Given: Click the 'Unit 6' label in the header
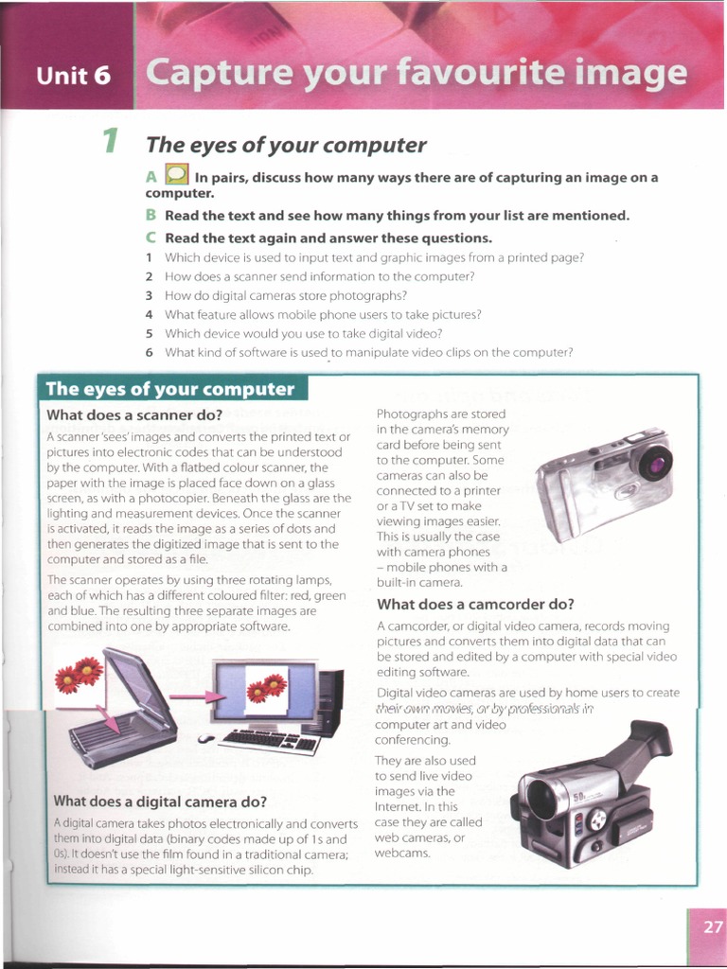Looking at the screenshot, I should (73, 76).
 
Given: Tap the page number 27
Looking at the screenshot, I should (712, 927).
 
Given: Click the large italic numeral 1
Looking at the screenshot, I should (111, 142).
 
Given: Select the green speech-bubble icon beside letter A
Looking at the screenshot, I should (176, 175).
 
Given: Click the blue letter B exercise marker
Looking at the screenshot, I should (151, 215).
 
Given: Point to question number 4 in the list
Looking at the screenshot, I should (150, 314).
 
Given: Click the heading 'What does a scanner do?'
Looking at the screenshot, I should (134, 414).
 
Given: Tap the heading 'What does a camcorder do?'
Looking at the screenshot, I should (475, 604).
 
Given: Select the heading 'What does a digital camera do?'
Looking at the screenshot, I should (160, 801).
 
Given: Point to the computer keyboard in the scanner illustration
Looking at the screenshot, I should (269, 740).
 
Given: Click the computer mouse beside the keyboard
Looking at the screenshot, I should (206, 738).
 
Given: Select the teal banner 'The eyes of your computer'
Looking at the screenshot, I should (170, 389).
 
